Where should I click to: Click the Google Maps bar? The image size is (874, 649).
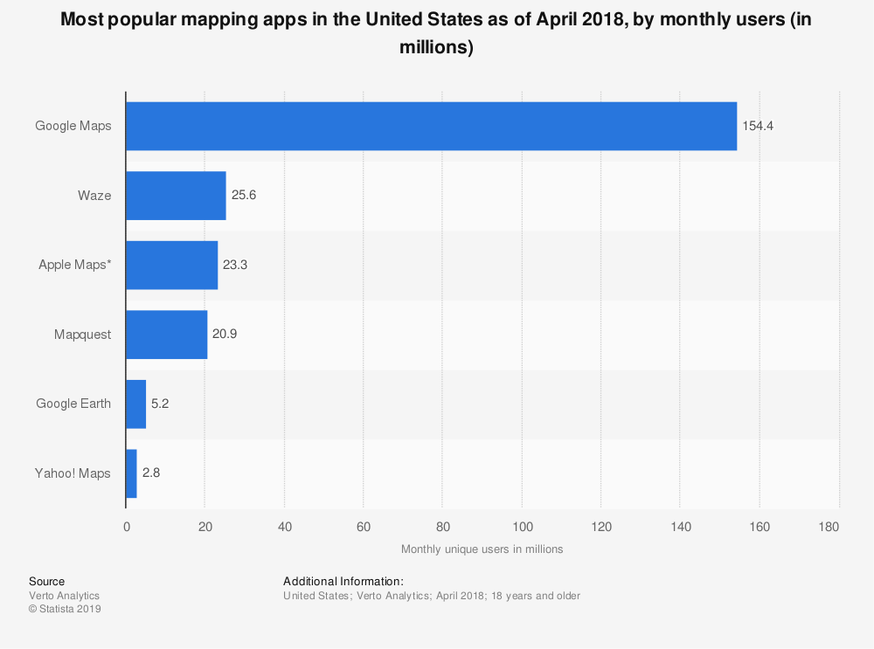431,126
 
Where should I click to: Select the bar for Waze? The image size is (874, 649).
176,196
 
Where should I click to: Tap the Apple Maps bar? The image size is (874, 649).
171,265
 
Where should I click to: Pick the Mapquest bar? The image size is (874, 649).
167,335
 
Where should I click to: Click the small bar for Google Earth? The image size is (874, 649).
135,404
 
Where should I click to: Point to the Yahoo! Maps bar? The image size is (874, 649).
131,473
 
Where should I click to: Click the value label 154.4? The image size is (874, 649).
758,126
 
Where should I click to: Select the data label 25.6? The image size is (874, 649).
245,196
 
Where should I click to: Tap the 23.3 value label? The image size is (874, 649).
236,265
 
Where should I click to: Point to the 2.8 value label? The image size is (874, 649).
151,473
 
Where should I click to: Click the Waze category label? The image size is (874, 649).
94,196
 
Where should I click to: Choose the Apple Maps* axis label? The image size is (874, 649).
74,265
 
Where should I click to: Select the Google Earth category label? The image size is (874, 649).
73,404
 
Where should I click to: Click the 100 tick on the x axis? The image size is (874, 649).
522,527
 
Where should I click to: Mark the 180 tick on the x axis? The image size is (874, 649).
829,527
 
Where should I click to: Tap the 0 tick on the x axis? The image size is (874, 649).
127,527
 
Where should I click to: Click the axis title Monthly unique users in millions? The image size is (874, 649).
482,549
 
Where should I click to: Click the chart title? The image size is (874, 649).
436,34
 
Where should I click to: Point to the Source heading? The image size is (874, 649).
46,581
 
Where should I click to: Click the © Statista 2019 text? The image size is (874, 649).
65,610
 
